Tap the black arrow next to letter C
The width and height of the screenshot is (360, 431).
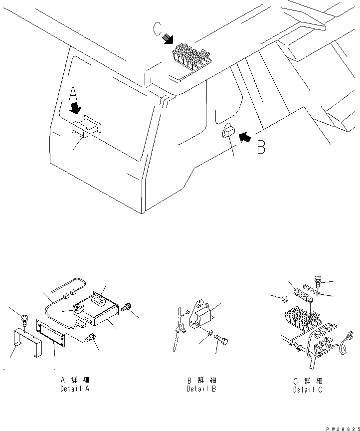pos(170,39)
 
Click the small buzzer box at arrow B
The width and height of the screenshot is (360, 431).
pos(228,132)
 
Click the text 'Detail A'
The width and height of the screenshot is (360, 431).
pos(75,389)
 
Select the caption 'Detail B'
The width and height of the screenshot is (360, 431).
pos(201,389)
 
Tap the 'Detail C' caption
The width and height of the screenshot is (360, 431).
pos(308,390)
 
